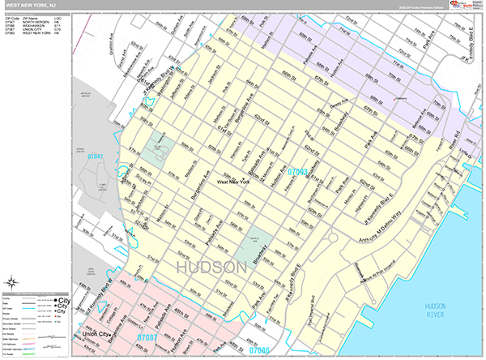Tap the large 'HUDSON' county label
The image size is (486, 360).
click(x=210, y=267)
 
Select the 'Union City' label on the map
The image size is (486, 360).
click(x=96, y=332)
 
